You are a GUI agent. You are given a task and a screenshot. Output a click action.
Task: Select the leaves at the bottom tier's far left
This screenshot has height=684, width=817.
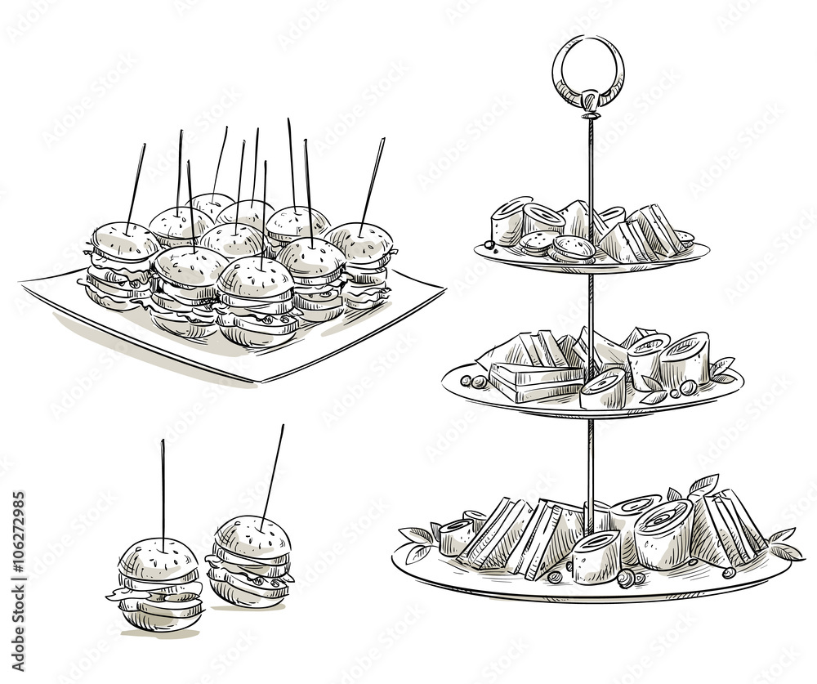(x=418, y=541)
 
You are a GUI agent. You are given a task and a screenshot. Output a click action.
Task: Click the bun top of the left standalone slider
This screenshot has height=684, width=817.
(x=158, y=559)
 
